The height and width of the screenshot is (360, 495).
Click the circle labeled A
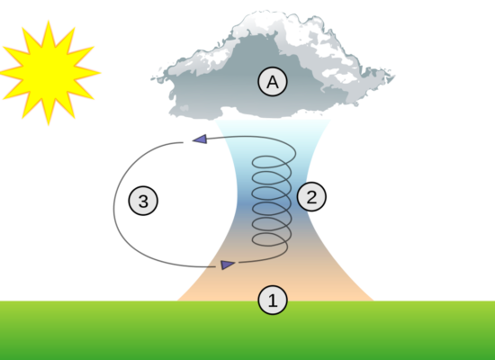pos(273,82)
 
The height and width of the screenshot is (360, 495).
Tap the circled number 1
pos(273,300)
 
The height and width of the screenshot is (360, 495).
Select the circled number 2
pos(311,196)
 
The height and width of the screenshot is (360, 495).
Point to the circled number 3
pos(143,201)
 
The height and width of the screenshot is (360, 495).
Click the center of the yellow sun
pos(49,73)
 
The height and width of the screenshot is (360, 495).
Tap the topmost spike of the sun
pos(49,22)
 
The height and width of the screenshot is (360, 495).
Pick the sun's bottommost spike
pos(49,125)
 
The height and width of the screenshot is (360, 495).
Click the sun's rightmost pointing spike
pos(100,73)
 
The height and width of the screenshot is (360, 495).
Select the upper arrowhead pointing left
pos(200,139)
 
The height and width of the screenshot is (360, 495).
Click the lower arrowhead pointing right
pos(228,265)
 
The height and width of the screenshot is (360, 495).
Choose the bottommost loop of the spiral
pos(270,239)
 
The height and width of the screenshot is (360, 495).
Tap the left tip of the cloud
pos(151,78)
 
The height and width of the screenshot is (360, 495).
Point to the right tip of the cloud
pos(394,76)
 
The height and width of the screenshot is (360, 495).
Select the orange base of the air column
pos(274,284)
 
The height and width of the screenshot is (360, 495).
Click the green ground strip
pos(247,330)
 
